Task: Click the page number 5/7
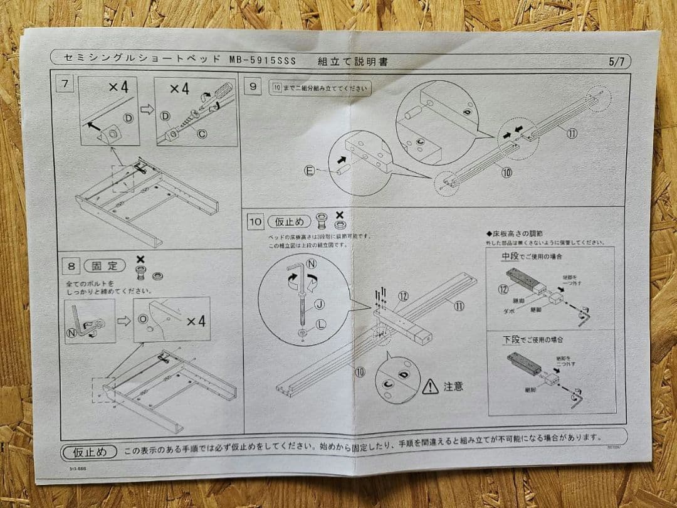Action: click(x=616, y=61)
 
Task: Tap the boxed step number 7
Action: click(x=65, y=83)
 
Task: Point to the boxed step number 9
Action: click(x=253, y=87)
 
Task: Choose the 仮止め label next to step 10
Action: click(x=289, y=221)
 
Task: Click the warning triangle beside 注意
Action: click(x=430, y=386)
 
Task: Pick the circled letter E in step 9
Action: click(x=310, y=170)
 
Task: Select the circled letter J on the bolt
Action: click(x=319, y=305)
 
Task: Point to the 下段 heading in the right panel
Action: click(x=511, y=339)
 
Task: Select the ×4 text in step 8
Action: click(x=196, y=322)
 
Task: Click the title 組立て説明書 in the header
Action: click(x=352, y=61)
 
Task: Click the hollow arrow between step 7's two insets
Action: click(x=147, y=108)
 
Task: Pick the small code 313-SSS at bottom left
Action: click(x=79, y=467)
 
